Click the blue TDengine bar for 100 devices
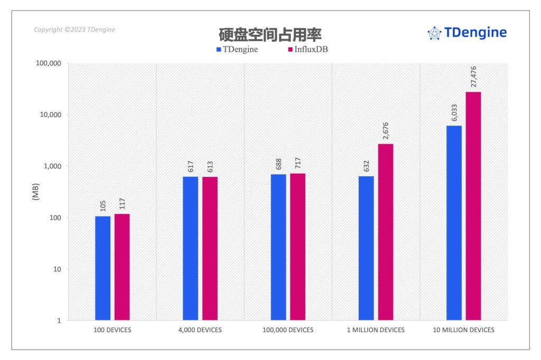[102, 268]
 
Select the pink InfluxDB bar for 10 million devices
[473, 206]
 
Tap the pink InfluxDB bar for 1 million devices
[385, 232]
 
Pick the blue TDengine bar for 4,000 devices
[190, 248]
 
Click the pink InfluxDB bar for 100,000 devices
[297, 247]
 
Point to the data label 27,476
[473, 77]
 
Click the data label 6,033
[454, 113]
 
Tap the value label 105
[103, 205]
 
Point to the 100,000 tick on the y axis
[48, 63]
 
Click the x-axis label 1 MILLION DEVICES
[376, 330]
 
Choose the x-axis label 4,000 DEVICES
[200, 330]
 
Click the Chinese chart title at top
[270, 34]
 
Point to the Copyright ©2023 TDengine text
[74, 30]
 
